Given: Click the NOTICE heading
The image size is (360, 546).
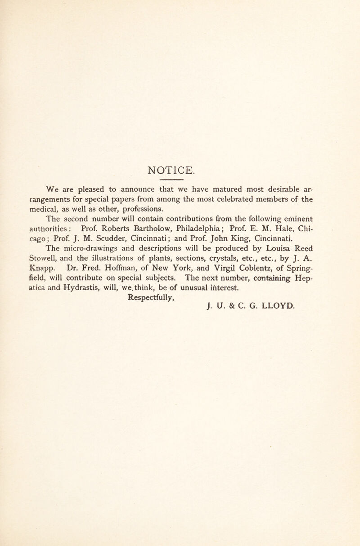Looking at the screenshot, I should [180, 171].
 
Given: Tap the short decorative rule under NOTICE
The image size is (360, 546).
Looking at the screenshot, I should [180, 183].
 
